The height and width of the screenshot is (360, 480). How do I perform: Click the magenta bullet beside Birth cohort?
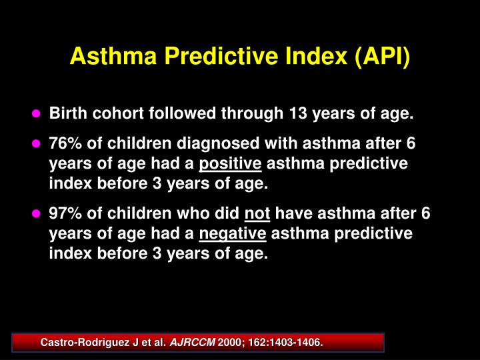[37, 114]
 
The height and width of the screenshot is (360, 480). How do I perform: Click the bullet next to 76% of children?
[37, 144]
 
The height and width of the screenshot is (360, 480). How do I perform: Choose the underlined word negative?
[233, 234]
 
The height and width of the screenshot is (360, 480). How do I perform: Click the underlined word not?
[257, 214]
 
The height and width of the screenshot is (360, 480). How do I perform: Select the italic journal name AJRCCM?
[192, 343]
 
